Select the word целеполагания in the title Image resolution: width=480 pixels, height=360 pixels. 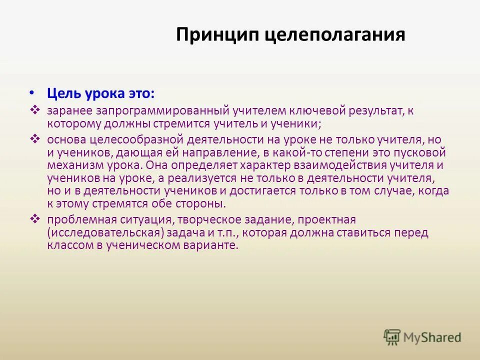334,35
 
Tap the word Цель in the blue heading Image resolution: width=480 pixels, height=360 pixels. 62,93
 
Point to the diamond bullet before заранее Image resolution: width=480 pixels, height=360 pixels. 35,109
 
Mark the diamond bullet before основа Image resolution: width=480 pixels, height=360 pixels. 35,138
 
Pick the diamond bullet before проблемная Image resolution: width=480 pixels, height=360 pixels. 35,218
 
